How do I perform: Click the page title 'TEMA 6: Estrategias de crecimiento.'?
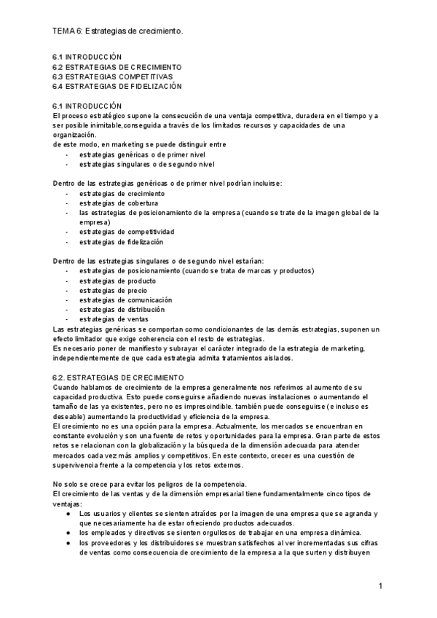[118, 31]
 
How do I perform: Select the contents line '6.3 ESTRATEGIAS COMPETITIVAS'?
[112, 77]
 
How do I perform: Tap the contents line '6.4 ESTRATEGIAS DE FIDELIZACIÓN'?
[117, 87]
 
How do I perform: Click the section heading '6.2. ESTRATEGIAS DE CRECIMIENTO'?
[119, 378]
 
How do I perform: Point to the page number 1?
[380, 587]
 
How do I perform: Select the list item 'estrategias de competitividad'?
[127, 232]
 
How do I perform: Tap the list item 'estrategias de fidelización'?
[122, 242]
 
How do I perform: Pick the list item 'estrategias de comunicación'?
[126, 300]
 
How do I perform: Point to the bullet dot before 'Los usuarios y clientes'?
[67, 514]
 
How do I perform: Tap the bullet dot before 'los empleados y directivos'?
[67, 533]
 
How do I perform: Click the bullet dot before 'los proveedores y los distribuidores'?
[67, 543]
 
